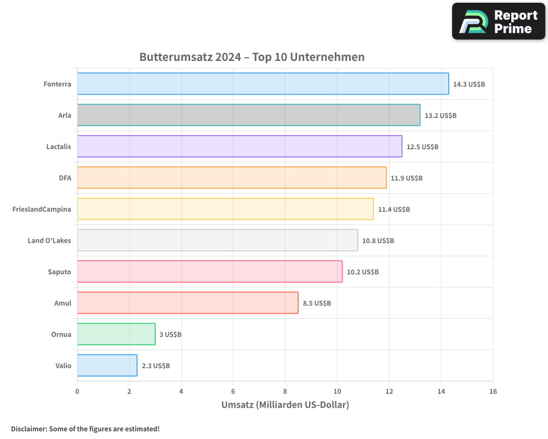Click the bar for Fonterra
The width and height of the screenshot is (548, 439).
click(x=263, y=84)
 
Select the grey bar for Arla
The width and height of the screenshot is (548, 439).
click(x=248, y=115)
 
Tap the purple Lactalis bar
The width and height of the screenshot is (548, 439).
click(x=239, y=147)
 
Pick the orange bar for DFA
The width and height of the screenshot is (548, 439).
click(x=232, y=178)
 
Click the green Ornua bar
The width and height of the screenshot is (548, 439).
click(x=116, y=334)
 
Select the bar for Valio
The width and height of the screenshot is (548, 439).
click(x=107, y=365)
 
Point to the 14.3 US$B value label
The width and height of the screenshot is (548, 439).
click(x=469, y=85)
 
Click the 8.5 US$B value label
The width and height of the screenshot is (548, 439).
click(x=317, y=303)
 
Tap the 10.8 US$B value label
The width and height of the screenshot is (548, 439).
click(x=378, y=241)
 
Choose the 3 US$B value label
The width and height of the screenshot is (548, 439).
click(x=170, y=335)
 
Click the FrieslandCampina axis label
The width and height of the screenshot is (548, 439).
click(x=42, y=209)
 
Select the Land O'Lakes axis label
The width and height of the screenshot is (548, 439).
click(x=49, y=240)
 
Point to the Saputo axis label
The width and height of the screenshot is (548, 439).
click(x=59, y=272)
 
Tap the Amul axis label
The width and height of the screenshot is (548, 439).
click(x=62, y=303)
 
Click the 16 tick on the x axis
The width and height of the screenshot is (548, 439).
click(x=493, y=391)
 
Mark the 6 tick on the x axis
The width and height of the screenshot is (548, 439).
click(x=233, y=391)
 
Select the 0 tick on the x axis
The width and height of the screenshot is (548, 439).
click(x=77, y=391)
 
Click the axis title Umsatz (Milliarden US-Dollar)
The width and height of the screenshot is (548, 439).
click(x=285, y=405)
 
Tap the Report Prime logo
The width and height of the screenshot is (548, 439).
click(x=498, y=21)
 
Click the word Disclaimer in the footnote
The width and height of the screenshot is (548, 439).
click(x=28, y=429)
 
